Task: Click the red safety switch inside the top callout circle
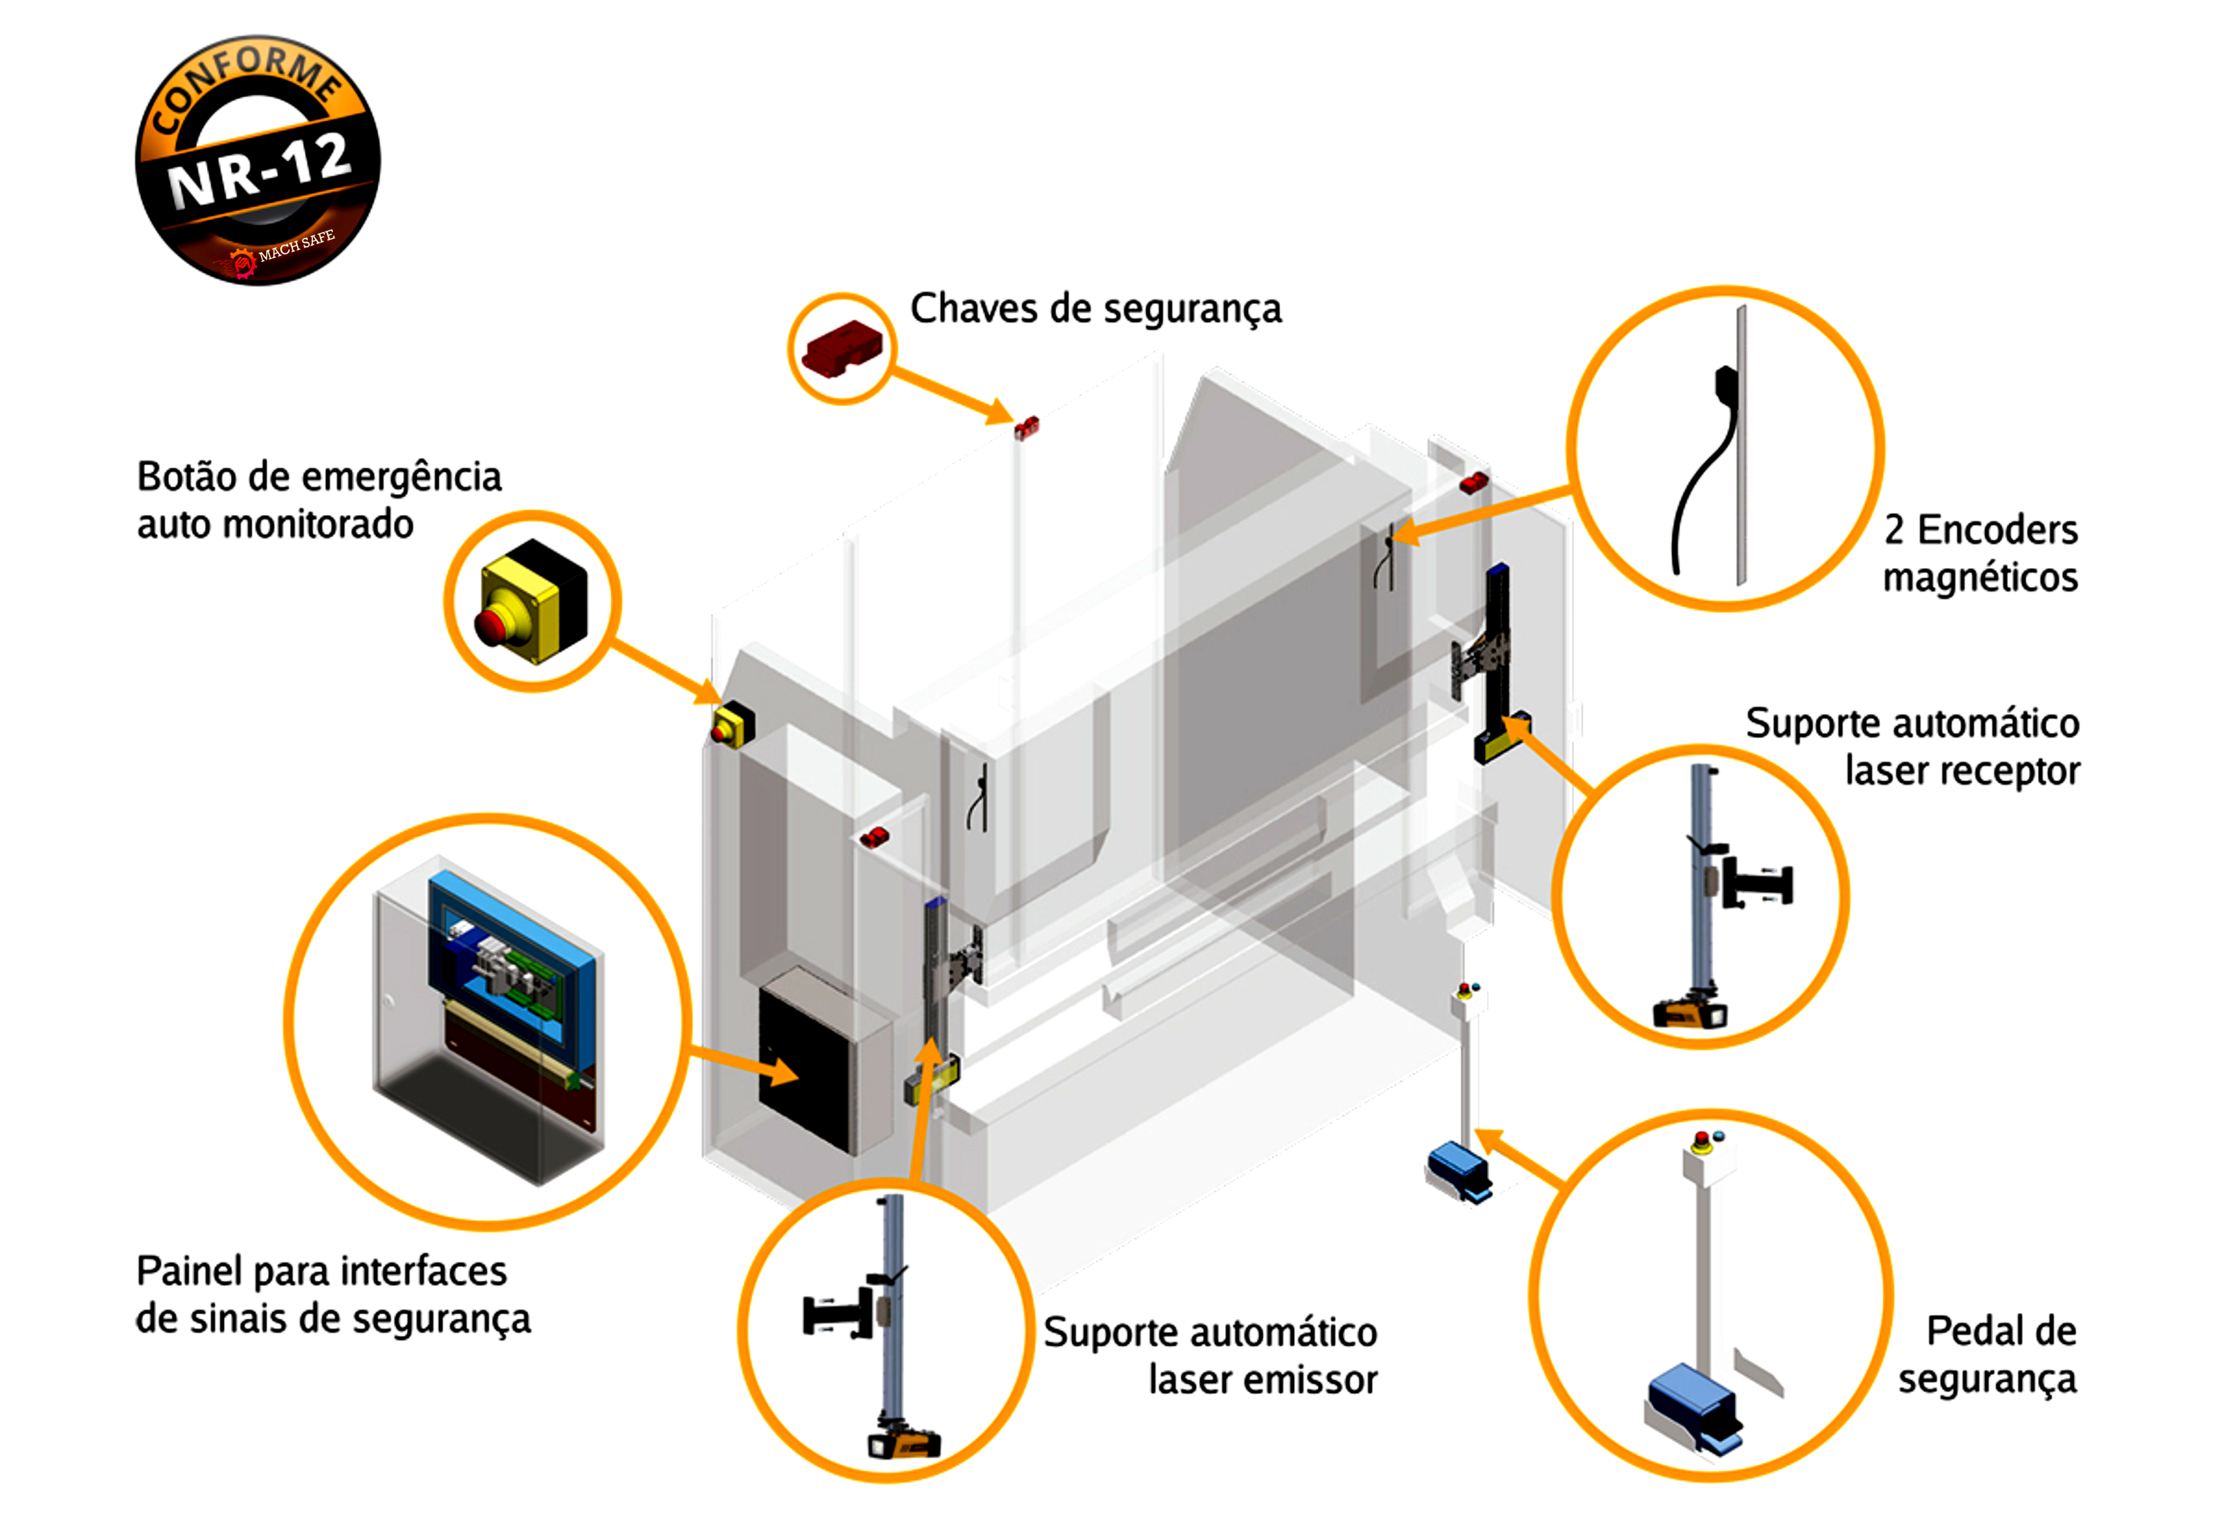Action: coord(841,348)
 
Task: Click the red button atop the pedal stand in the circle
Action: coord(1702,1139)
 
